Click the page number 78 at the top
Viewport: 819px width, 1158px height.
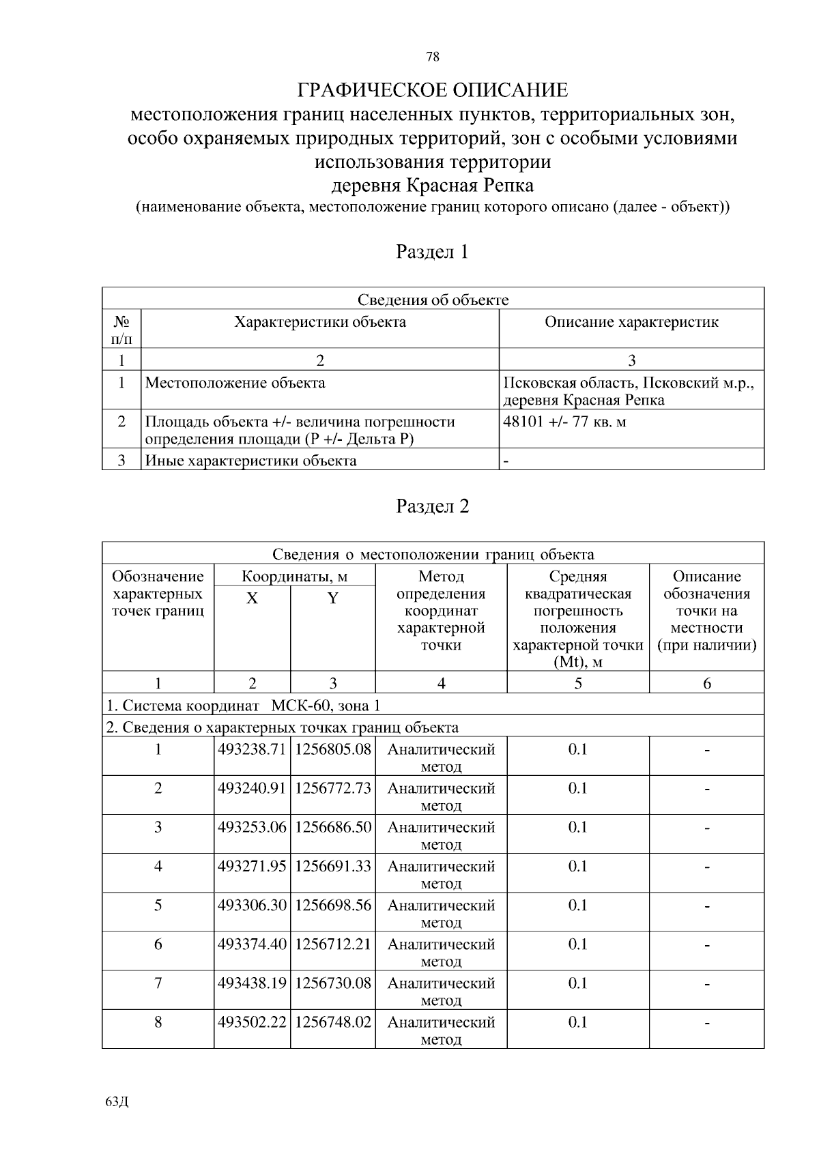click(x=433, y=57)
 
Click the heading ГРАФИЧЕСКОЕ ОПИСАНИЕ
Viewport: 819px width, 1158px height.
click(x=433, y=90)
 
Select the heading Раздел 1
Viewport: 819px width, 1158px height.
click(x=433, y=252)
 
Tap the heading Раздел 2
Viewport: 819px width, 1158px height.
click(x=433, y=506)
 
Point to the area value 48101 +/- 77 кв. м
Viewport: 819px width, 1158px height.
click(x=564, y=422)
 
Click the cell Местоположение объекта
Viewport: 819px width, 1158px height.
click(x=235, y=383)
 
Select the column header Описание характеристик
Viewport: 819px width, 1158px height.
click(x=631, y=322)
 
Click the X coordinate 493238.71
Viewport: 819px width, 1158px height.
click(x=251, y=749)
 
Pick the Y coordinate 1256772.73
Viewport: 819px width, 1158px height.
click(x=332, y=788)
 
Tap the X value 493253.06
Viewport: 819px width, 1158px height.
click(x=251, y=827)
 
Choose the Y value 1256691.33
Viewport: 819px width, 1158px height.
click(x=332, y=866)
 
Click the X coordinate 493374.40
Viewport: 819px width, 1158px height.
click(x=251, y=944)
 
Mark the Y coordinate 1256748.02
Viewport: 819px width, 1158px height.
click(x=332, y=1022)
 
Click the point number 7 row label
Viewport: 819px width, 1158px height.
click(x=158, y=983)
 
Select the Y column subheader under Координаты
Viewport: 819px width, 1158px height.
click(x=332, y=598)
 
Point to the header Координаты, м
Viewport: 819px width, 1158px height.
click(x=294, y=577)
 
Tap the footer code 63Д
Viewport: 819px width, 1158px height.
click(x=117, y=1102)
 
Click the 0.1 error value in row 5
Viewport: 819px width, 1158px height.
click(x=577, y=906)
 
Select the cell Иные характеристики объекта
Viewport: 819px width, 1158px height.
click(x=251, y=461)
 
